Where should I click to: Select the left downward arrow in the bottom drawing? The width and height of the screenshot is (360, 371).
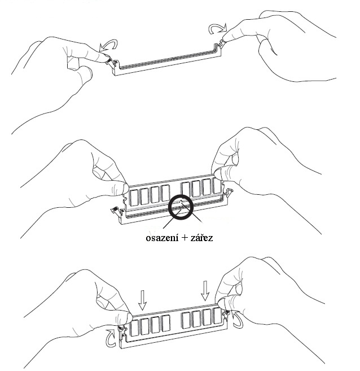click(143, 298)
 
